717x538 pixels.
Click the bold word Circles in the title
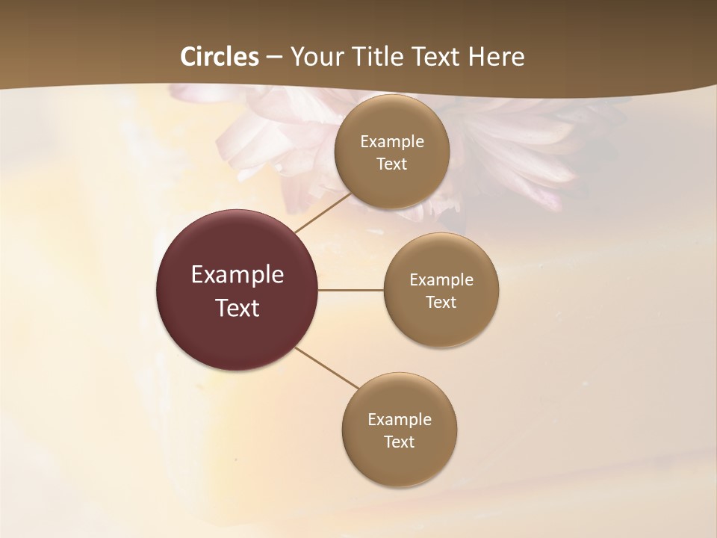click(x=220, y=57)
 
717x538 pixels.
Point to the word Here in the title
click(x=496, y=57)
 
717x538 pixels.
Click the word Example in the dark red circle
click(x=238, y=275)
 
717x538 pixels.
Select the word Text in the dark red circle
click(x=238, y=308)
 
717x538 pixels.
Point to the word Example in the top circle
click(x=392, y=142)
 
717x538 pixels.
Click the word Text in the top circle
click(x=392, y=164)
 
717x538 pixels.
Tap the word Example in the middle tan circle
click(x=441, y=280)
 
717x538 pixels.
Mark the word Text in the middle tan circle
click(x=441, y=303)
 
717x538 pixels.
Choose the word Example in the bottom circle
click(x=400, y=420)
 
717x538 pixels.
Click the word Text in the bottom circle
click(x=400, y=442)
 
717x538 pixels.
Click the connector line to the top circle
click(x=323, y=212)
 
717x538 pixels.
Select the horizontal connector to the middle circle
click(x=351, y=290)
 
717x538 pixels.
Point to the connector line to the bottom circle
click(x=327, y=368)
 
